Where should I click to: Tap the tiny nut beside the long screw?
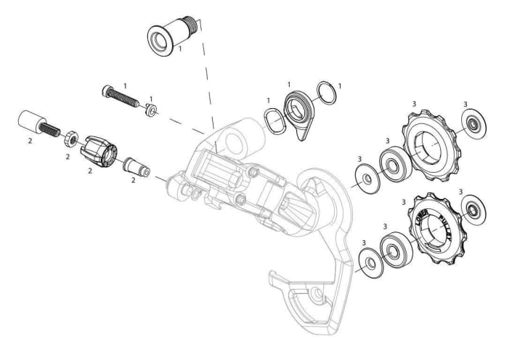tap(150, 109)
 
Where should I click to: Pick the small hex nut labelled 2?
tap(70, 136)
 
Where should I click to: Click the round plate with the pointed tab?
tap(299, 111)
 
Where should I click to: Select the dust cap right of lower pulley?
tap(473, 208)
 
